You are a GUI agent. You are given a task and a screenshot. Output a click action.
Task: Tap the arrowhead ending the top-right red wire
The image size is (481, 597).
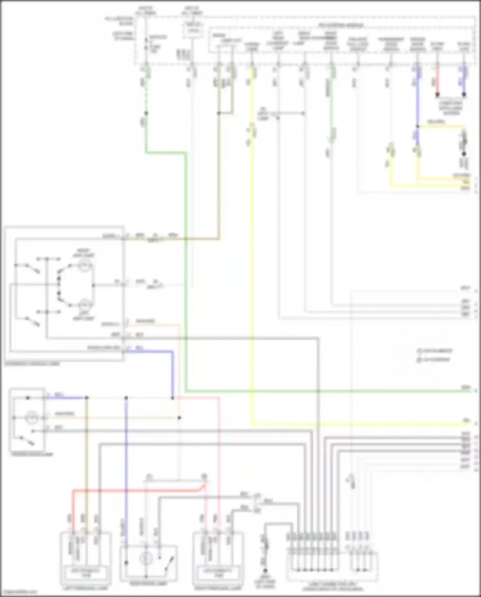pyautogui.click(x=437, y=95)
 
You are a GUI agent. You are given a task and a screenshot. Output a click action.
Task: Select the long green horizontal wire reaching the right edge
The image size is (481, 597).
pyautogui.click(x=321, y=391)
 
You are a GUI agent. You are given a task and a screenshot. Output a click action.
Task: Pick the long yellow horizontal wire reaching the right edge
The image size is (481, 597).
pyautogui.click(x=353, y=424)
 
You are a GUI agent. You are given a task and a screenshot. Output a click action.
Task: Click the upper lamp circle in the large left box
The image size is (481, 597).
pyautogui.click(x=85, y=266)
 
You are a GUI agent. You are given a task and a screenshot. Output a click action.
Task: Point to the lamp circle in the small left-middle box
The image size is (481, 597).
pyautogui.click(x=32, y=418)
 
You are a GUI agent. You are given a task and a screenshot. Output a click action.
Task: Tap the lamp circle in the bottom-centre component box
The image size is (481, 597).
pyautogui.click(x=146, y=559)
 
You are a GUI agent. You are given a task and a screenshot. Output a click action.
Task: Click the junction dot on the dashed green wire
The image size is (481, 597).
pyautogui.click(x=146, y=113)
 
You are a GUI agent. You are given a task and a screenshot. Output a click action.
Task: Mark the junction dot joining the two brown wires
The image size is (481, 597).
pyautogui.click(x=219, y=113)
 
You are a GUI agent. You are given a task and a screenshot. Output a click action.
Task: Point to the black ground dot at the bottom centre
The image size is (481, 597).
pyautogui.click(x=265, y=571)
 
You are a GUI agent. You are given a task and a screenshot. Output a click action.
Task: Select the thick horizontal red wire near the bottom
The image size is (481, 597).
pyautogui.click(x=135, y=490)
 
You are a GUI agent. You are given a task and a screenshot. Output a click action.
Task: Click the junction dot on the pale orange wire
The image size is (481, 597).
pyautogui.click(x=179, y=418)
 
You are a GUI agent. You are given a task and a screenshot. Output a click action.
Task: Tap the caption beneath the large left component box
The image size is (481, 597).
pyautogui.click(x=32, y=364)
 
